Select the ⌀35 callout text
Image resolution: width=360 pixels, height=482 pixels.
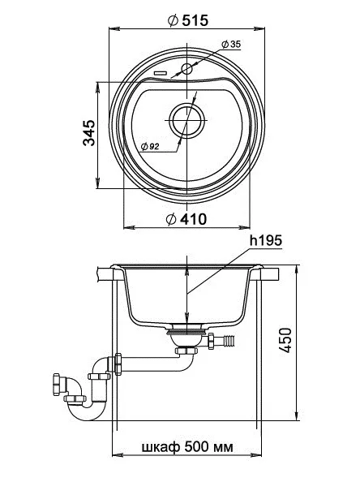tap(230, 44)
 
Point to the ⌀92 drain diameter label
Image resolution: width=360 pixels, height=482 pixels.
tap(149, 146)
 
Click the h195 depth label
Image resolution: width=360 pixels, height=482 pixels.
tap(266, 241)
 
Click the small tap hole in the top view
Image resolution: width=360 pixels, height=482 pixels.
tap(187, 69)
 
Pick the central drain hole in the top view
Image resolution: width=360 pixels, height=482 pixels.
tap(187, 120)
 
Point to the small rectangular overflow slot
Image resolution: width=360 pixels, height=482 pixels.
tap(160, 72)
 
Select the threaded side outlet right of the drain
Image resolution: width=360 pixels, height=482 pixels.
tap(222, 341)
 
